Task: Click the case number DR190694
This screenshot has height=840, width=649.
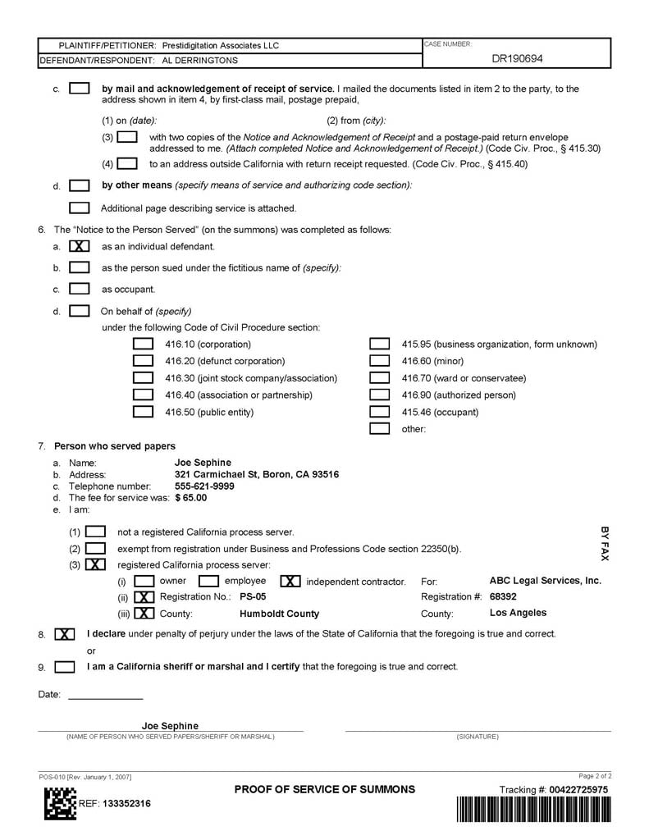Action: (x=517, y=59)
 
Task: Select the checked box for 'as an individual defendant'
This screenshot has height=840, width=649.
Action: (x=80, y=246)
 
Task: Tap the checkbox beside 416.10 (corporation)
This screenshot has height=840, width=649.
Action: (x=143, y=345)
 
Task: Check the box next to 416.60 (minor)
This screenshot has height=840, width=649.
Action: (x=379, y=361)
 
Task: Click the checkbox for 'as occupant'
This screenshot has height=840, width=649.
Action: (x=80, y=289)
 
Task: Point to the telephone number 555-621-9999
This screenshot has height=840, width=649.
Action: (x=204, y=486)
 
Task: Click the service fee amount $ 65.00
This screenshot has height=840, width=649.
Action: (x=191, y=498)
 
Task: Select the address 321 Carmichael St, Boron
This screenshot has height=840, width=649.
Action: (x=256, y=475)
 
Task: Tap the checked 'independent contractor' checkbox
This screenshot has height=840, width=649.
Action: (x=290, y=582)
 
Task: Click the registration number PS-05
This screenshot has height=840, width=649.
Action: (x=253, y=597)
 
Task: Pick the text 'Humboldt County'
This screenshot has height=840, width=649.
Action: (x=279, y=614)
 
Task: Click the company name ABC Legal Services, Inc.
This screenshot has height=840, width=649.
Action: (x=545, y=581)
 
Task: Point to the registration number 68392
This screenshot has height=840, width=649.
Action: (x=503, y=597)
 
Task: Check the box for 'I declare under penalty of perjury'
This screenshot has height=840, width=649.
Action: (x=65, y=634)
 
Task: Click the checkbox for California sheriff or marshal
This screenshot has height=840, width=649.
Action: (x=65, y=667)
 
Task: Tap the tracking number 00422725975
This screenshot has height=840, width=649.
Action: (x=579, y=790)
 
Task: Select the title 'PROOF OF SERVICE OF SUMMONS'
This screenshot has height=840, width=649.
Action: (x=325, y=790)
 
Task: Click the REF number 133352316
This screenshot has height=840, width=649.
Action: (x=126, y=804)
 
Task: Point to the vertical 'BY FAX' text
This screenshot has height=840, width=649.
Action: (x=605, y=544)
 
